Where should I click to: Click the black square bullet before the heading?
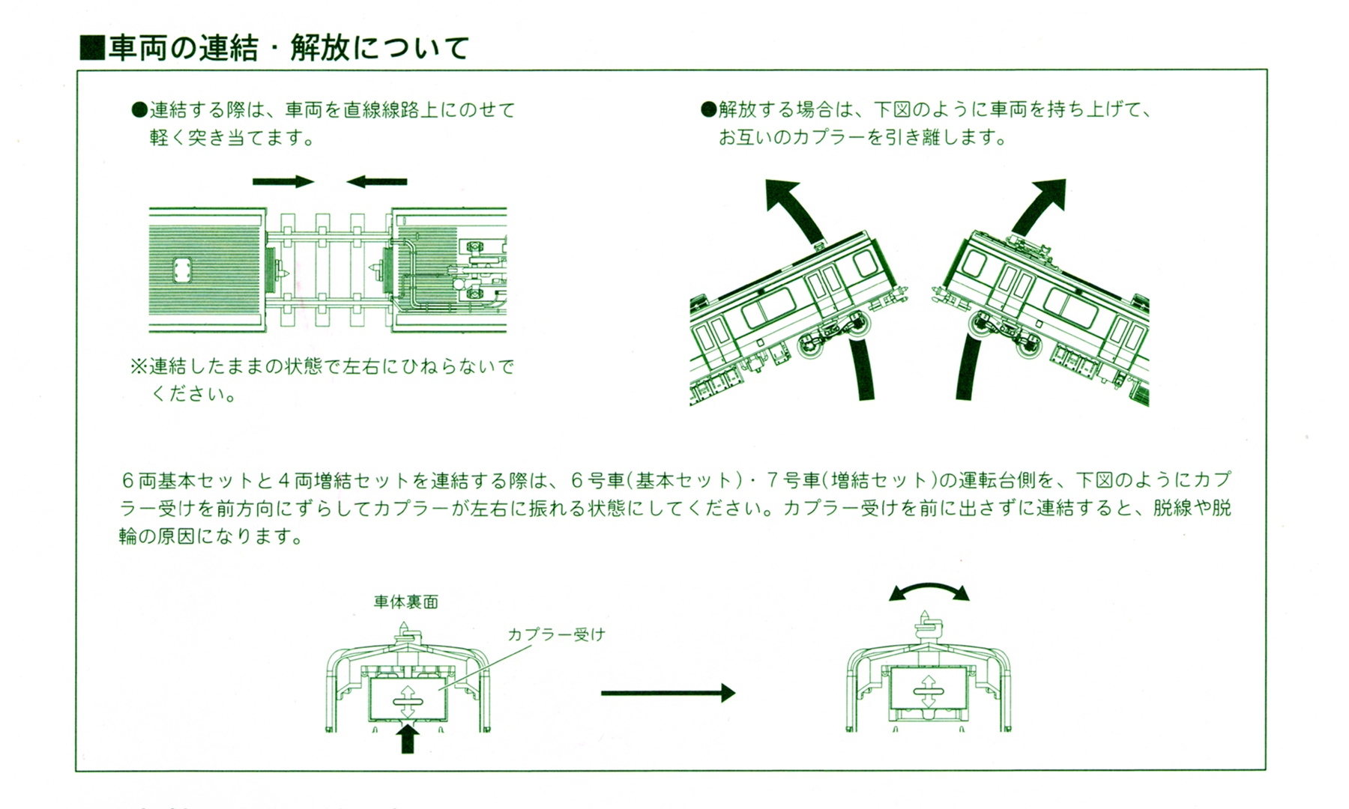pos(91,49)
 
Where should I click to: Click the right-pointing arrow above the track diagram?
pos(283,181)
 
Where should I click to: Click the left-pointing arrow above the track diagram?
pos(377,181)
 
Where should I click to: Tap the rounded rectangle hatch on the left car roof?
pos(181,270)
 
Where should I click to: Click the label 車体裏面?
pos(405,602)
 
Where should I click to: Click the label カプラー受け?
pos(556,634)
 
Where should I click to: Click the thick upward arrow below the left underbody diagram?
pos(407,738)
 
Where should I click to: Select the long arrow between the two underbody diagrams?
pos(667,694)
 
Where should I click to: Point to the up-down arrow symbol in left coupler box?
pos(407,702)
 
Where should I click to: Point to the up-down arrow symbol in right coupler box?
pos(927,691)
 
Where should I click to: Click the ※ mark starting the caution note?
pos(139,366)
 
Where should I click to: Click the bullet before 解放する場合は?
pos(708,110)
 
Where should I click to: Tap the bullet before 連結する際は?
pos(139,110)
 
